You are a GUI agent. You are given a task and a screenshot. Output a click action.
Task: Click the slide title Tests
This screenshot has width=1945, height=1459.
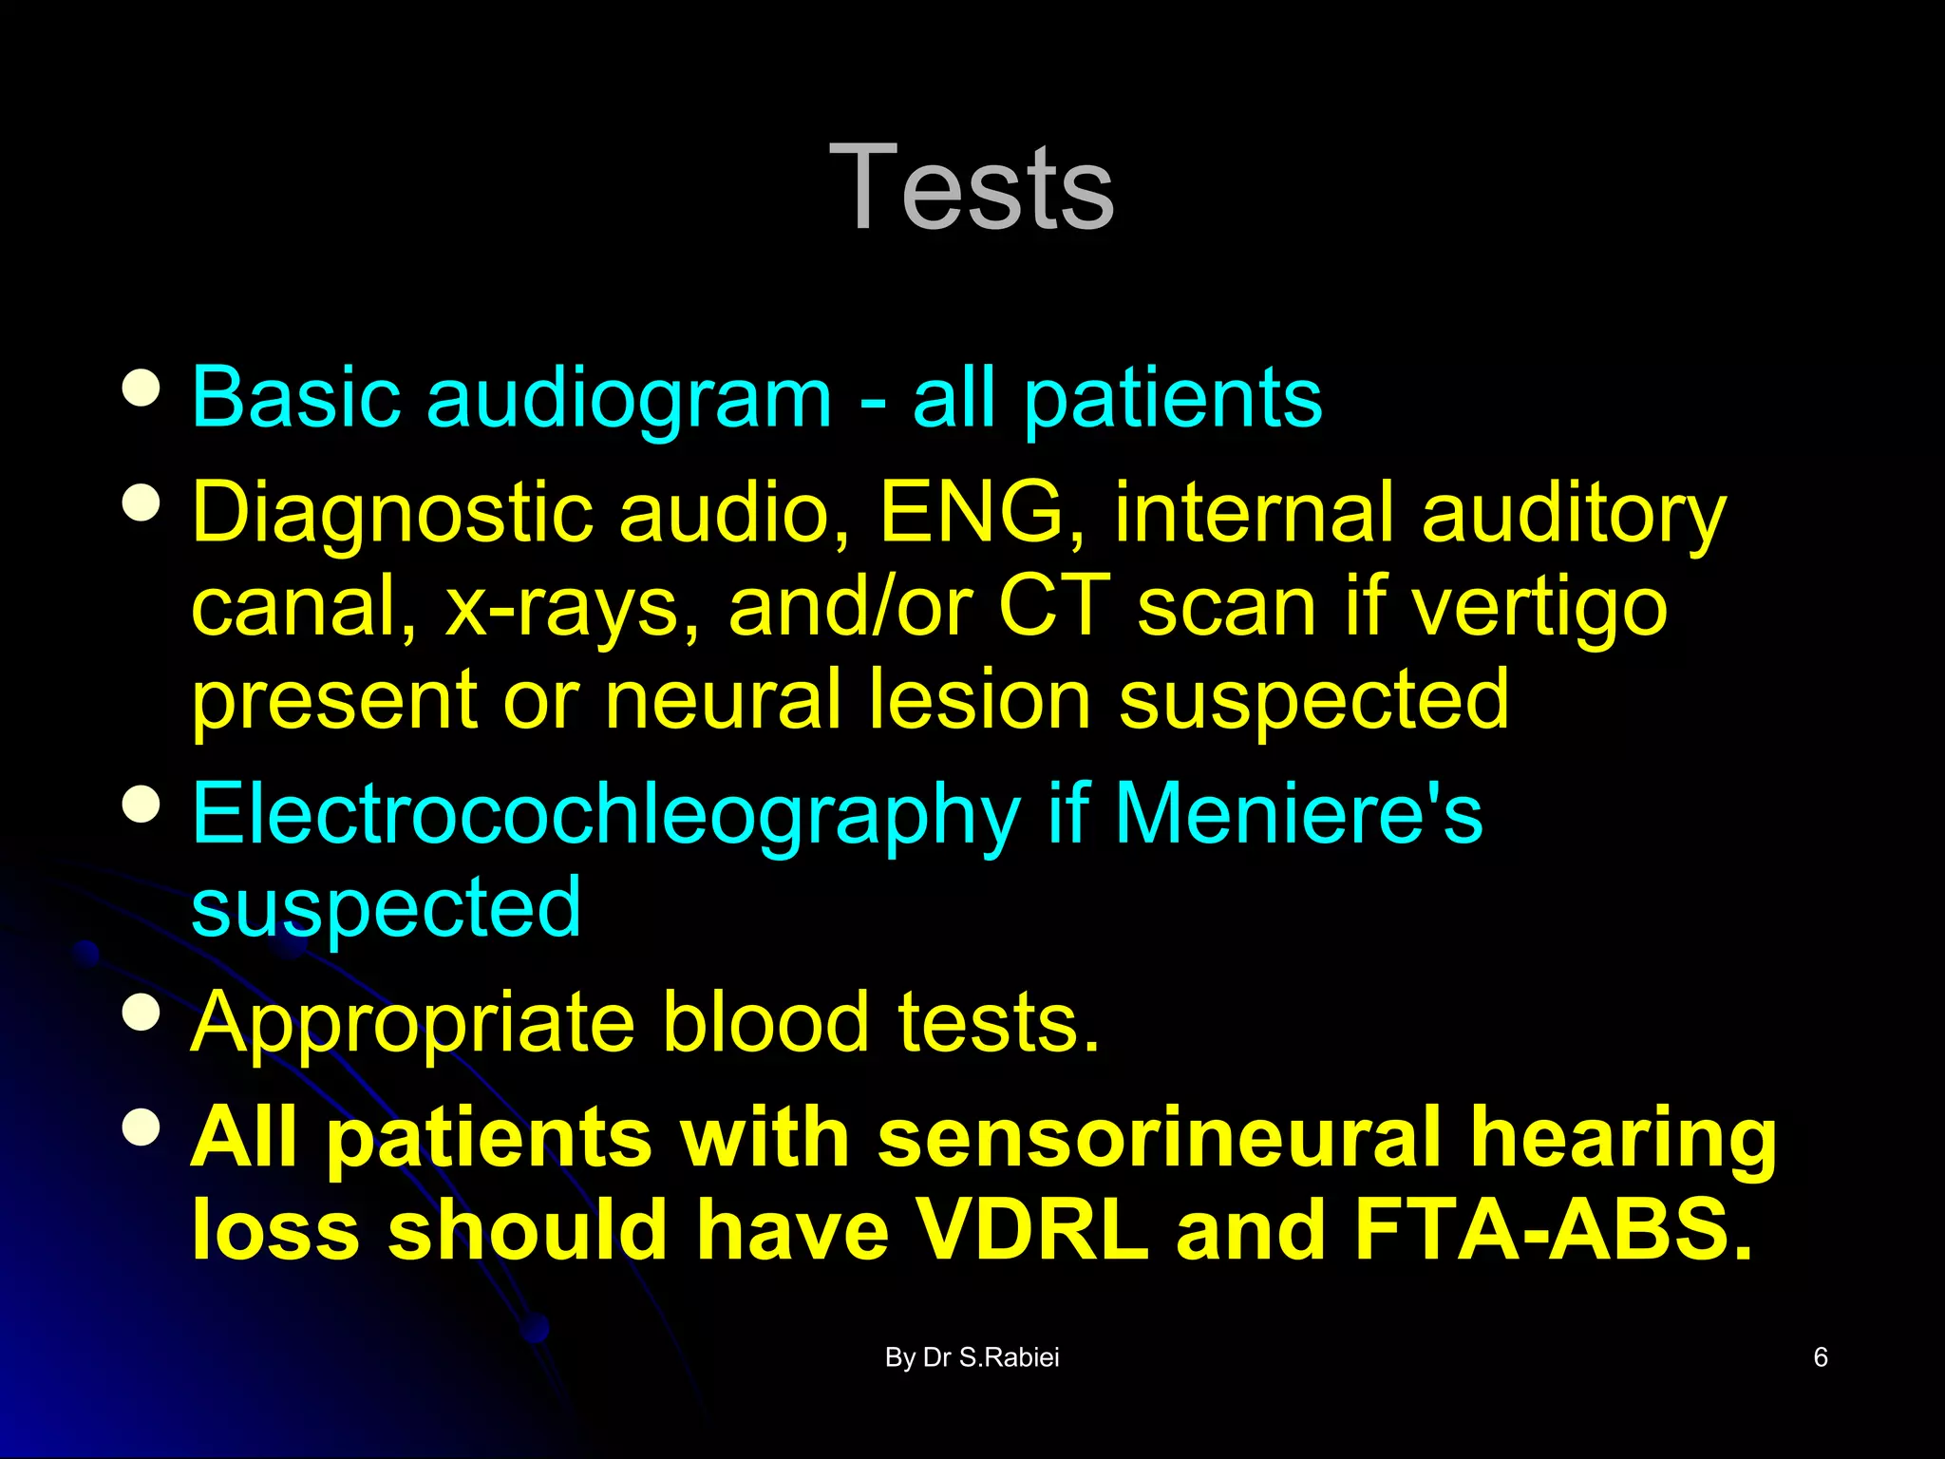coord(972,187)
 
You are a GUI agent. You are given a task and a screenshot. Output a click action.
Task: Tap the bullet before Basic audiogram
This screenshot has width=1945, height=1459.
coord(142,388)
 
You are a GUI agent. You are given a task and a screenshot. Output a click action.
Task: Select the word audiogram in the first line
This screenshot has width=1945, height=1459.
coord(629,399)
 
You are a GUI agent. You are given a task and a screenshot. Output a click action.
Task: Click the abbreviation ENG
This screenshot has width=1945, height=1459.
coord(972,512)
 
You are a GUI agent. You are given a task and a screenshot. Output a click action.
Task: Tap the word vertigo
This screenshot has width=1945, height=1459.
coord(1539,609)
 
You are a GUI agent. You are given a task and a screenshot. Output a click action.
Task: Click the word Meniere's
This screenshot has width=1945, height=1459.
coord(1298,814)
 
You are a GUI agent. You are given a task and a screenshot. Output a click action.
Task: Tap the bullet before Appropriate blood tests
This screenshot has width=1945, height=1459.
coord(142,1013)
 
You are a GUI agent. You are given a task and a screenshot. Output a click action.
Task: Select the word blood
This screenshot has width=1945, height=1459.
coord(765,1022)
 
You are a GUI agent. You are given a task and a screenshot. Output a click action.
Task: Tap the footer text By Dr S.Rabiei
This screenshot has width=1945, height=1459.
coord(972,1357)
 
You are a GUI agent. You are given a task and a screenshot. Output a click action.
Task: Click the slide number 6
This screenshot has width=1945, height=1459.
coord(1820,1357)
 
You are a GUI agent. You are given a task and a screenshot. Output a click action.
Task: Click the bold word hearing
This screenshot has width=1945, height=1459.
coord(1623,1139)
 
